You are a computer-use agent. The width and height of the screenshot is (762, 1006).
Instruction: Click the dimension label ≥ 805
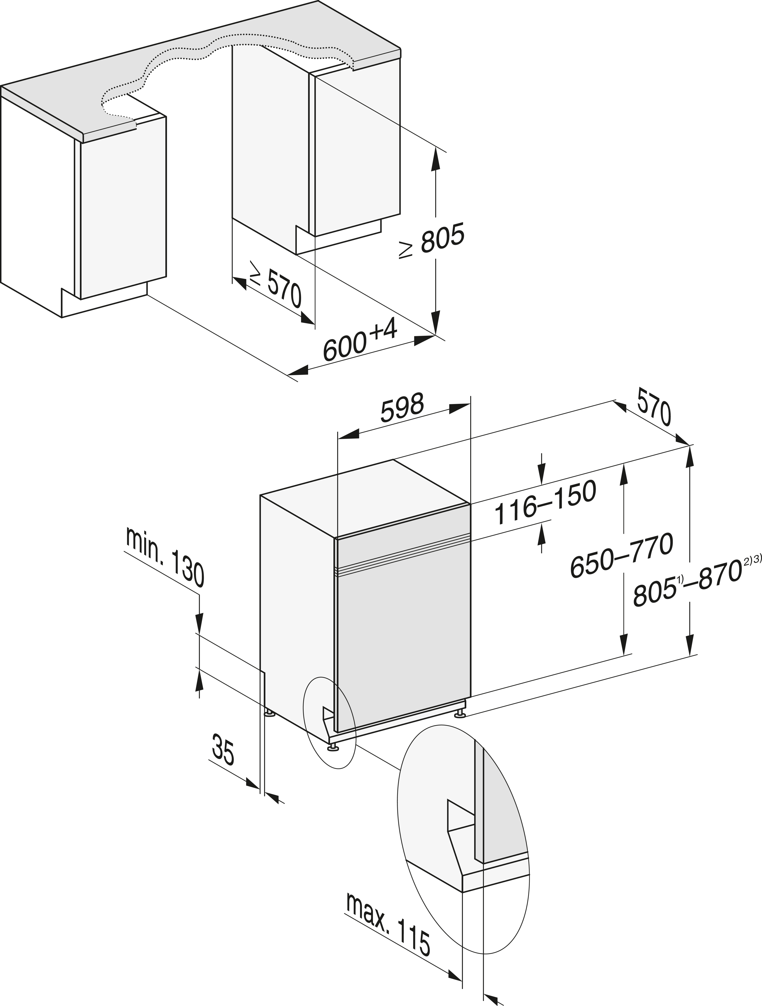coord(432,241)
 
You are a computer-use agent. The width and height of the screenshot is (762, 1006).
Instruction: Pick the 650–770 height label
coord(622,555)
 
